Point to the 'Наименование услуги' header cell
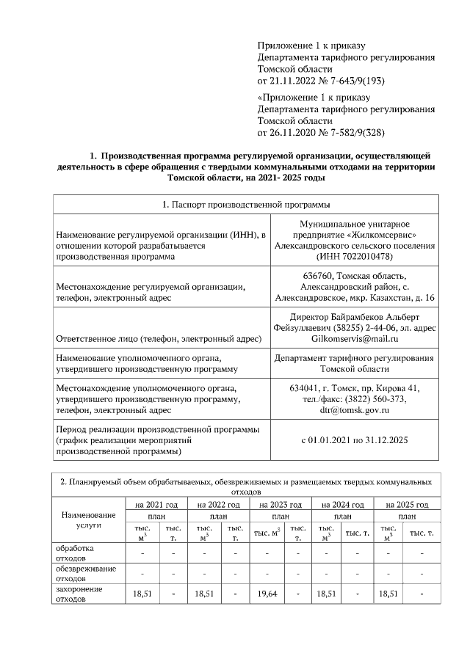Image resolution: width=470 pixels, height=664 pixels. (88, 520)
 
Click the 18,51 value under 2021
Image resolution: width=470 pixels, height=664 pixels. (141, 594)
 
